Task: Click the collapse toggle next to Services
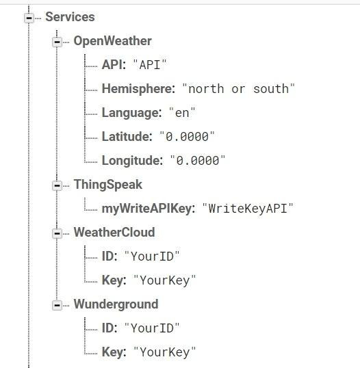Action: point(29,18)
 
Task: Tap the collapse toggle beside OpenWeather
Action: point(57,42)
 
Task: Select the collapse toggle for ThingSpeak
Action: point(57,185)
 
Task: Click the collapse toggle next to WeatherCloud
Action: point(57,233)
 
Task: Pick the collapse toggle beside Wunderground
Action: point(57,305)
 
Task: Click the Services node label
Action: point(70,17)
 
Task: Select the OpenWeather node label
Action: point(113,41)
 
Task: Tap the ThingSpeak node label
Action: point(108,185)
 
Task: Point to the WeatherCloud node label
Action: point(114,233)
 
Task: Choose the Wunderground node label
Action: point(116,304)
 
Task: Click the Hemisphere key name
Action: point(138,89)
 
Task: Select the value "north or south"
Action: point(239,89)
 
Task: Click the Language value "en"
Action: point(182,113)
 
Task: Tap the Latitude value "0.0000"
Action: point(187,137)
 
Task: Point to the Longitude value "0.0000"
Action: point(198,161)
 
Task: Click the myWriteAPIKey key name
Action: point(149,209)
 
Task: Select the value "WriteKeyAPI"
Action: point(248,209)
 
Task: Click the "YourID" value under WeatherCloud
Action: point(152,257)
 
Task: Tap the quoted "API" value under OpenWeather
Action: point(150,65)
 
